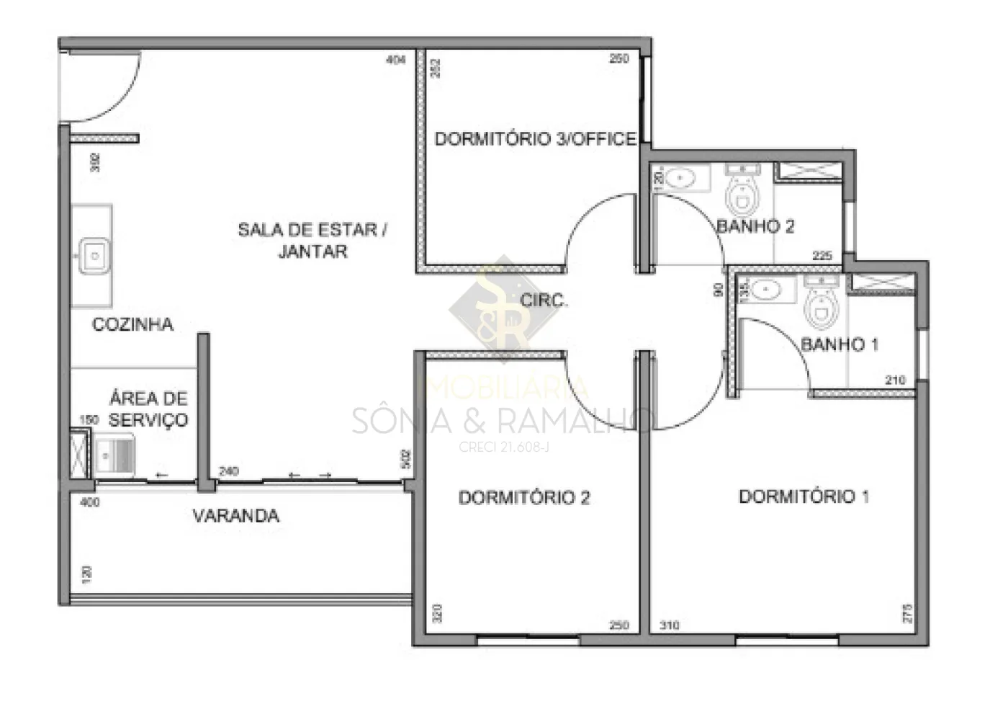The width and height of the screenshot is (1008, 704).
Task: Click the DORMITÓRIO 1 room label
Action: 804,496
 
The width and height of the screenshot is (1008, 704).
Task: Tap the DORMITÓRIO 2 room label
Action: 524,497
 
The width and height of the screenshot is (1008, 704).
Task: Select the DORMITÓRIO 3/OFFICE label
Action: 535,138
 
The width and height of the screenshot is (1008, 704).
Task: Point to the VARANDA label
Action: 235,516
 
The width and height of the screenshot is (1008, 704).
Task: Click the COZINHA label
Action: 132,324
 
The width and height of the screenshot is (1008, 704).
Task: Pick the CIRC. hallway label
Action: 544,300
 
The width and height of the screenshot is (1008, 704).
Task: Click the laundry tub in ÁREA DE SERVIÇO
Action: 114,455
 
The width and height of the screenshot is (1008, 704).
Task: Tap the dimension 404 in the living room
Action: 396,60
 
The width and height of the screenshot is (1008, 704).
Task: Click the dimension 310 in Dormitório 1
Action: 669,625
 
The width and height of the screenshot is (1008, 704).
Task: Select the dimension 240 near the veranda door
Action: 229,471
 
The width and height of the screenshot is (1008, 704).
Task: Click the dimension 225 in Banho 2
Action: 822,256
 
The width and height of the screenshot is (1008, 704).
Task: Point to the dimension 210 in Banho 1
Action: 895,380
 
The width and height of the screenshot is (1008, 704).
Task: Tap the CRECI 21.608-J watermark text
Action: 504,447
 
